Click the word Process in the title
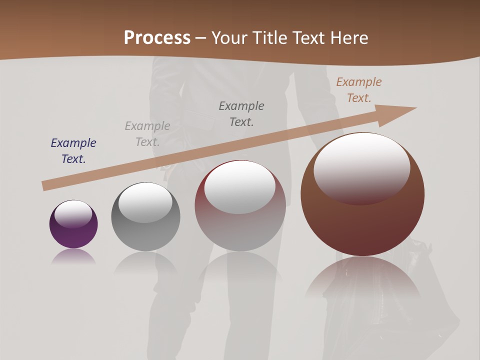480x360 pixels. (x=157, y=38)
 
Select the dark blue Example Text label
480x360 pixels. (x=73, y=151)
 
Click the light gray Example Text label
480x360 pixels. (x=147, y=134)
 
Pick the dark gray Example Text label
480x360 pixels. (x=241, y=113)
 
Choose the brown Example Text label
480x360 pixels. (x=359, y=90)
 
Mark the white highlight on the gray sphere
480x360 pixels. (x=145, y=201)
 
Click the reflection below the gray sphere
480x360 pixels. (x=145, y=262)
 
